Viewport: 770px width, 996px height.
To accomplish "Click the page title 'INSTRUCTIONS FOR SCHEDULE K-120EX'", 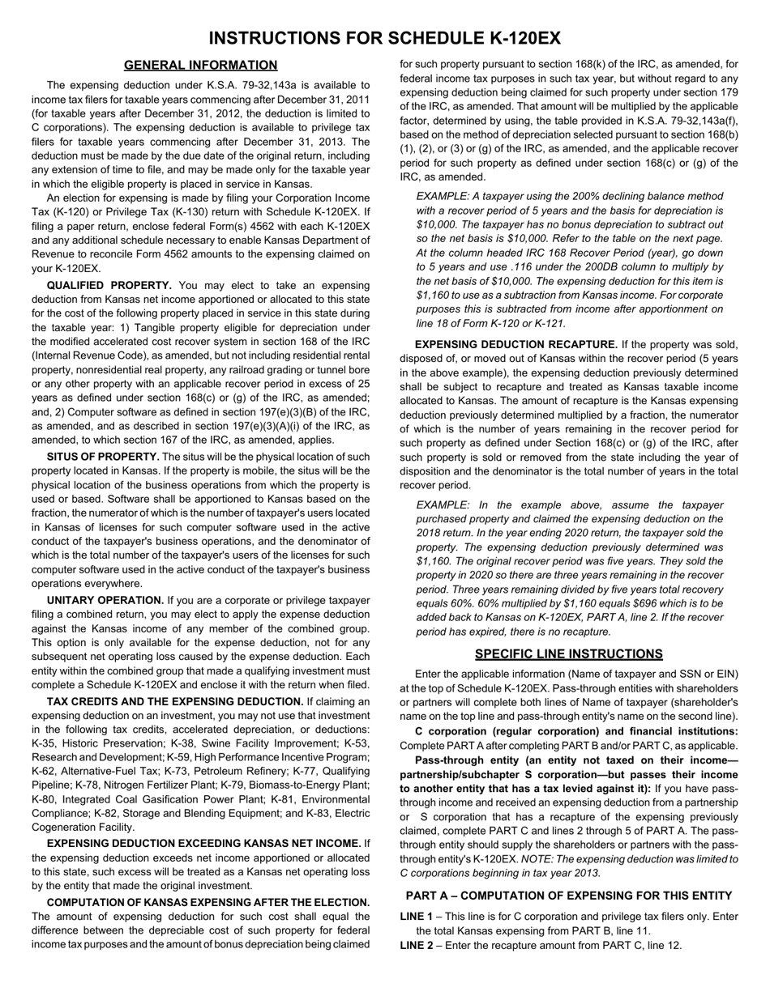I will point(384,39).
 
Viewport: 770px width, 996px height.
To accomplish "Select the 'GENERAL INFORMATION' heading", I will point(200,66).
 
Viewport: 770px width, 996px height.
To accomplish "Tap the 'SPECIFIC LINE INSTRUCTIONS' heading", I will point(568,654).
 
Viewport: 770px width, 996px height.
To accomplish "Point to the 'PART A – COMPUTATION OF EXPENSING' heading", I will point(568,896).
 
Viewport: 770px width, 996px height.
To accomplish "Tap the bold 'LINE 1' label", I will point(417,917).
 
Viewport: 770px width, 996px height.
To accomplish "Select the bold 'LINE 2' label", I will point(417,945).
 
